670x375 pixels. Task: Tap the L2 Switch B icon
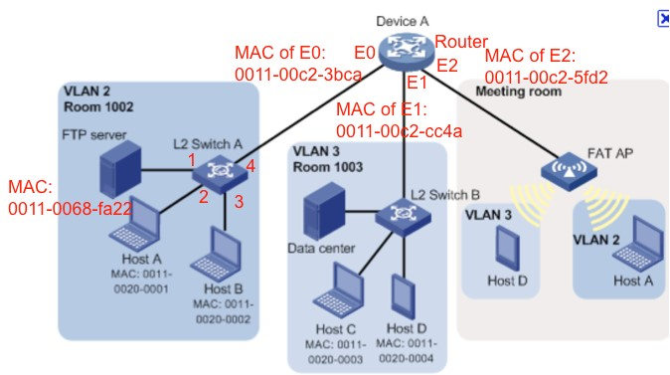(x=404, y=214)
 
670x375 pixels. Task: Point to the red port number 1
(x=191, y=160)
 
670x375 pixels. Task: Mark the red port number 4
(x=251, y=167)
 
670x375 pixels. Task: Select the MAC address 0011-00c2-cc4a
(x=399, y=130)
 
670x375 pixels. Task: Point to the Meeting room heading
(x=518, y=92)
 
